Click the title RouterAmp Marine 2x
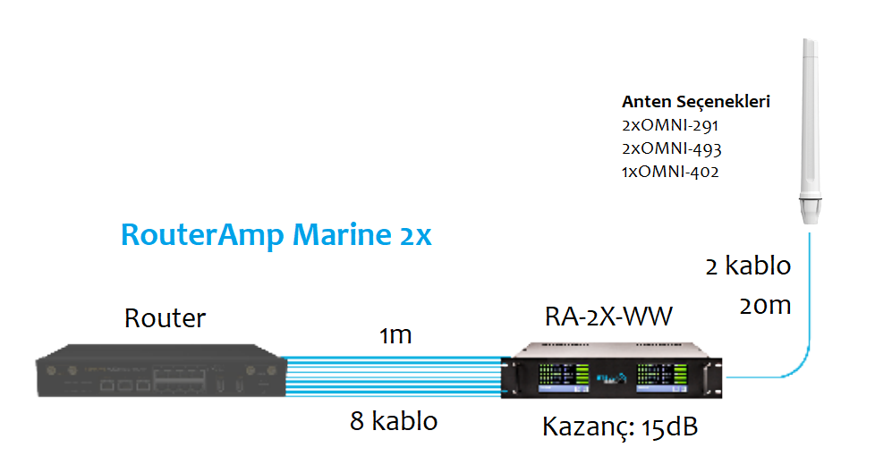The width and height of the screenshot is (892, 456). click(276, 234)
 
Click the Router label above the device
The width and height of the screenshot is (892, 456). click(165, 317)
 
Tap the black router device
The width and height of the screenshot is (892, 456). click(157, 375)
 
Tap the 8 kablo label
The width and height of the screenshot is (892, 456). click(394, 421)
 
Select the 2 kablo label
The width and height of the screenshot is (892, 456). click(748, 266)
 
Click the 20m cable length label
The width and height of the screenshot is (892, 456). click(765, 306)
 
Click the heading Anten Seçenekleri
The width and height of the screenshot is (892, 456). click(695, 102)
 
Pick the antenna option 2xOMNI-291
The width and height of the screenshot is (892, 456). click(670, 125)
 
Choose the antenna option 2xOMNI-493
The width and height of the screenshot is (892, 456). click(671, 148)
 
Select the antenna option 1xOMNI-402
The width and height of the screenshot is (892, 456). click(670, 172)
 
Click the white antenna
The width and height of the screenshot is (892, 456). click(810, 116)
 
